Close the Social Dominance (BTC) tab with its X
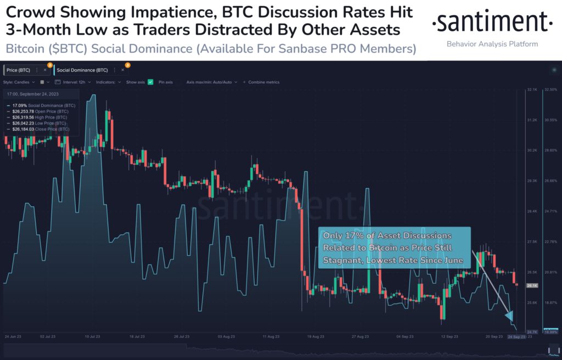[x=123, y=70]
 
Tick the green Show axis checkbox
[x=150, y=82]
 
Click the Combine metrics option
[x=263, y=82]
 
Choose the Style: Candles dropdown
[x=19, y=82]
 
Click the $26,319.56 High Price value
[x=24, y=117]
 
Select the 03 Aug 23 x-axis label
[x=227, y=336]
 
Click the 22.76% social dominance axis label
[x=550, y=241]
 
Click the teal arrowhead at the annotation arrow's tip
[x=509, y=316]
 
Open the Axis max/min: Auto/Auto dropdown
[x=211, y=82]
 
